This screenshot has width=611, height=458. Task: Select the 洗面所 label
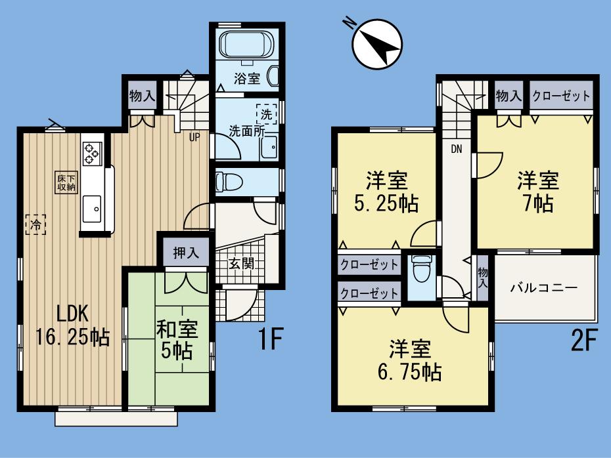[246, 130]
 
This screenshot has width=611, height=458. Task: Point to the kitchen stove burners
[91, 154]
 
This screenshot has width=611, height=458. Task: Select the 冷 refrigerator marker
[35, 225]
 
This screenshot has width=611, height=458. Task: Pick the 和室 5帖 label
[174, 340]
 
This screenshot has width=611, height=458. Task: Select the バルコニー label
[543, 288]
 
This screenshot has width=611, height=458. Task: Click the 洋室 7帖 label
[537, 191]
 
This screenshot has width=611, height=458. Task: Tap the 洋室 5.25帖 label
[387, 192]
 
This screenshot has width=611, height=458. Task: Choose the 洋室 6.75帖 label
[408, 360]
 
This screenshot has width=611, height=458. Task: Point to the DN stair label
[456, 148]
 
